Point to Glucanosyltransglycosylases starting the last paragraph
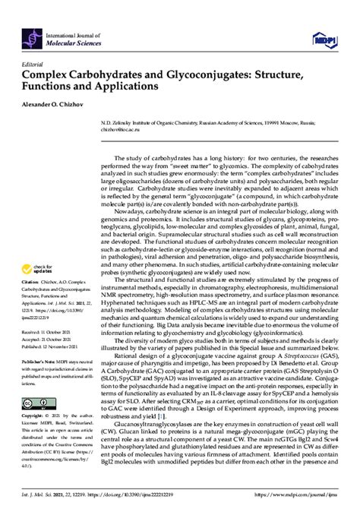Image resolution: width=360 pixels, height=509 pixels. click(x=137, y=422)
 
